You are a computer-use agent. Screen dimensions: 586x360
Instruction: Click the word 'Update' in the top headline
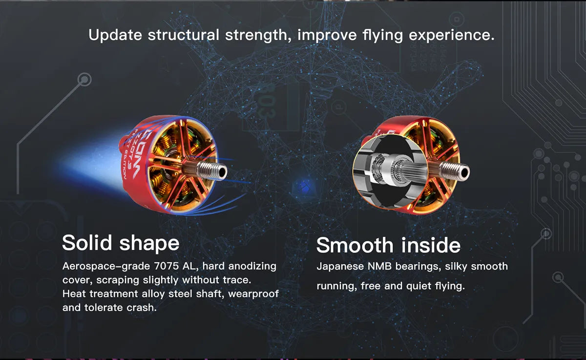(x=115, y=35)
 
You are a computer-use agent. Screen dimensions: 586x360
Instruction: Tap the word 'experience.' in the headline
(x=452, y=35)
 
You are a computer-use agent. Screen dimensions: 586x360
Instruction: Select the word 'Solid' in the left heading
(x=87, y=243)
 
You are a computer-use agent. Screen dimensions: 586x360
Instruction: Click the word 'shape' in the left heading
(x=149, y=244)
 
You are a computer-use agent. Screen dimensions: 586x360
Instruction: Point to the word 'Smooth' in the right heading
(x=355, y=245)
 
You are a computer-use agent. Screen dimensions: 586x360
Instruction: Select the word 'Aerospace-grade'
(x=106, y=266)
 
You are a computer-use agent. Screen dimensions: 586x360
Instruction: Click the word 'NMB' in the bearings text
(x=379, y=266)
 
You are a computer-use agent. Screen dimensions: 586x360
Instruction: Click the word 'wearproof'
(x=253, y=294)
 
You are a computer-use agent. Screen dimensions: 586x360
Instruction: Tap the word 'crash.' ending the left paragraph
(x=142, y=308)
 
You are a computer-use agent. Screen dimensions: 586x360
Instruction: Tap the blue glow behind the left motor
(x=92, y=162)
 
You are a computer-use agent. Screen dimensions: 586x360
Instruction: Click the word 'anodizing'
(x=252, y=266)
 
